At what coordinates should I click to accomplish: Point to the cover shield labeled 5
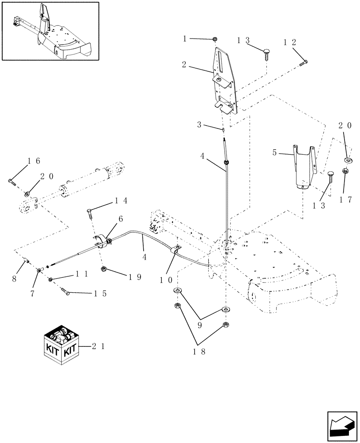pyautogui.click(x=304, y=167)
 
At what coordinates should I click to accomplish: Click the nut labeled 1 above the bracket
pyautogui.click(x=214, y=39)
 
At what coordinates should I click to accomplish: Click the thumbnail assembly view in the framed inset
pyautogui.click(x=50, y=31)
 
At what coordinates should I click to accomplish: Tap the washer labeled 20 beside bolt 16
pyautogui.click(x=28, y=194)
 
